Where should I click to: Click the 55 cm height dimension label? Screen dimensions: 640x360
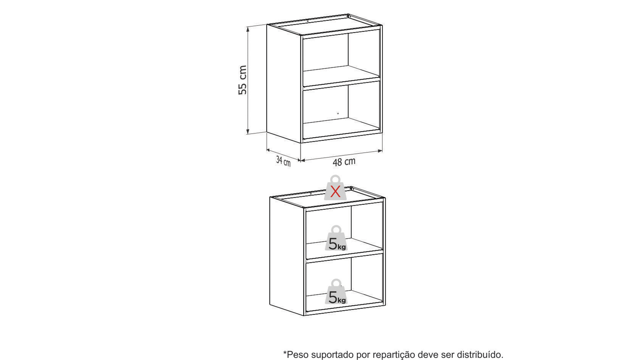coord(242,80)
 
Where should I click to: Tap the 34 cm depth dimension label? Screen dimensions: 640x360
coord(283,161)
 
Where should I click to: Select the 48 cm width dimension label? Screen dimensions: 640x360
coord(344,162)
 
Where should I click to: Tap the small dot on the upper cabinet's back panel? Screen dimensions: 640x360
coord(338,114)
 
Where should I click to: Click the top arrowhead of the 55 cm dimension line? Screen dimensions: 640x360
coord(248,29)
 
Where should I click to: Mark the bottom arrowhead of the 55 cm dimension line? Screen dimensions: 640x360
coord(248,132)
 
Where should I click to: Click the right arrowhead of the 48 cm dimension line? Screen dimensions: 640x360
coord(380,151)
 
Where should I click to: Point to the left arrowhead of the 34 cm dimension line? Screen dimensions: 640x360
coord(268,150)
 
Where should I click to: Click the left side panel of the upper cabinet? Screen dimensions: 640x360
coord(284,83)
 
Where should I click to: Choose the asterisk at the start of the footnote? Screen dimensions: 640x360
coord(285,352)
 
